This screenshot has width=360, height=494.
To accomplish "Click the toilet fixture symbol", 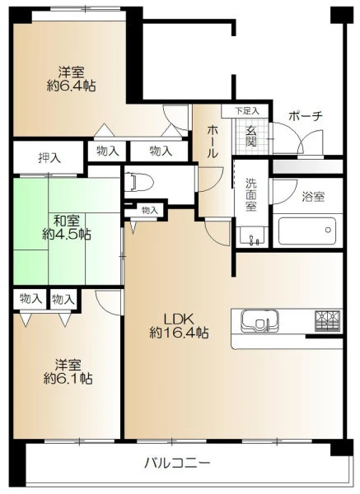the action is [x=138, y=183].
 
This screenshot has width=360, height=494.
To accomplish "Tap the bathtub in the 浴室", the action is [x=306, y=231].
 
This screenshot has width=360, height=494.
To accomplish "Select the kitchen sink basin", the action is [x=259, y=321].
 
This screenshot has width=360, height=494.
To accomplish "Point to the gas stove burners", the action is [x=328, y=321].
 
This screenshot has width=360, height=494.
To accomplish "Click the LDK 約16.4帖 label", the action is [x=179, y=326].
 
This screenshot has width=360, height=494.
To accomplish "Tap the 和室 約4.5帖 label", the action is [x=67, y=227].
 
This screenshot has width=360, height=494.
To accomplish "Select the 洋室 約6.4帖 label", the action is [x=71, y=79].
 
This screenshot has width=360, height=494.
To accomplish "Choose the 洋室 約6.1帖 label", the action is [x=68, y=371].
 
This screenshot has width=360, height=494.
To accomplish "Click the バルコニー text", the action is [x=177, y=463].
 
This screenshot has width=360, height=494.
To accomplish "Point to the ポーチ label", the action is [x=306, y=116].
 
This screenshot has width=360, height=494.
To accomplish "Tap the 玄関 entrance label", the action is [x=251, y=137].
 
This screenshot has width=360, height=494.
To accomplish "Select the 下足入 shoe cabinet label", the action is [x=247, y=111].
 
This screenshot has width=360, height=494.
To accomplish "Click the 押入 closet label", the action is [x=49, y=157].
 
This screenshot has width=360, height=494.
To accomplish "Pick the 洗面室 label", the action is [x=251, y=194].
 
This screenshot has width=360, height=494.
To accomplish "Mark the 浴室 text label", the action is [x=313, y=197].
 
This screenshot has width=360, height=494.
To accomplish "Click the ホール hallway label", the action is [x=213, y=141].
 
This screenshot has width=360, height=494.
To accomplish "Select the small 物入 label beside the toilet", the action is [x=149, y=210].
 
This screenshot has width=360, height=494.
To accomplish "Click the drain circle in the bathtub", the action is [x=328, y=230].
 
